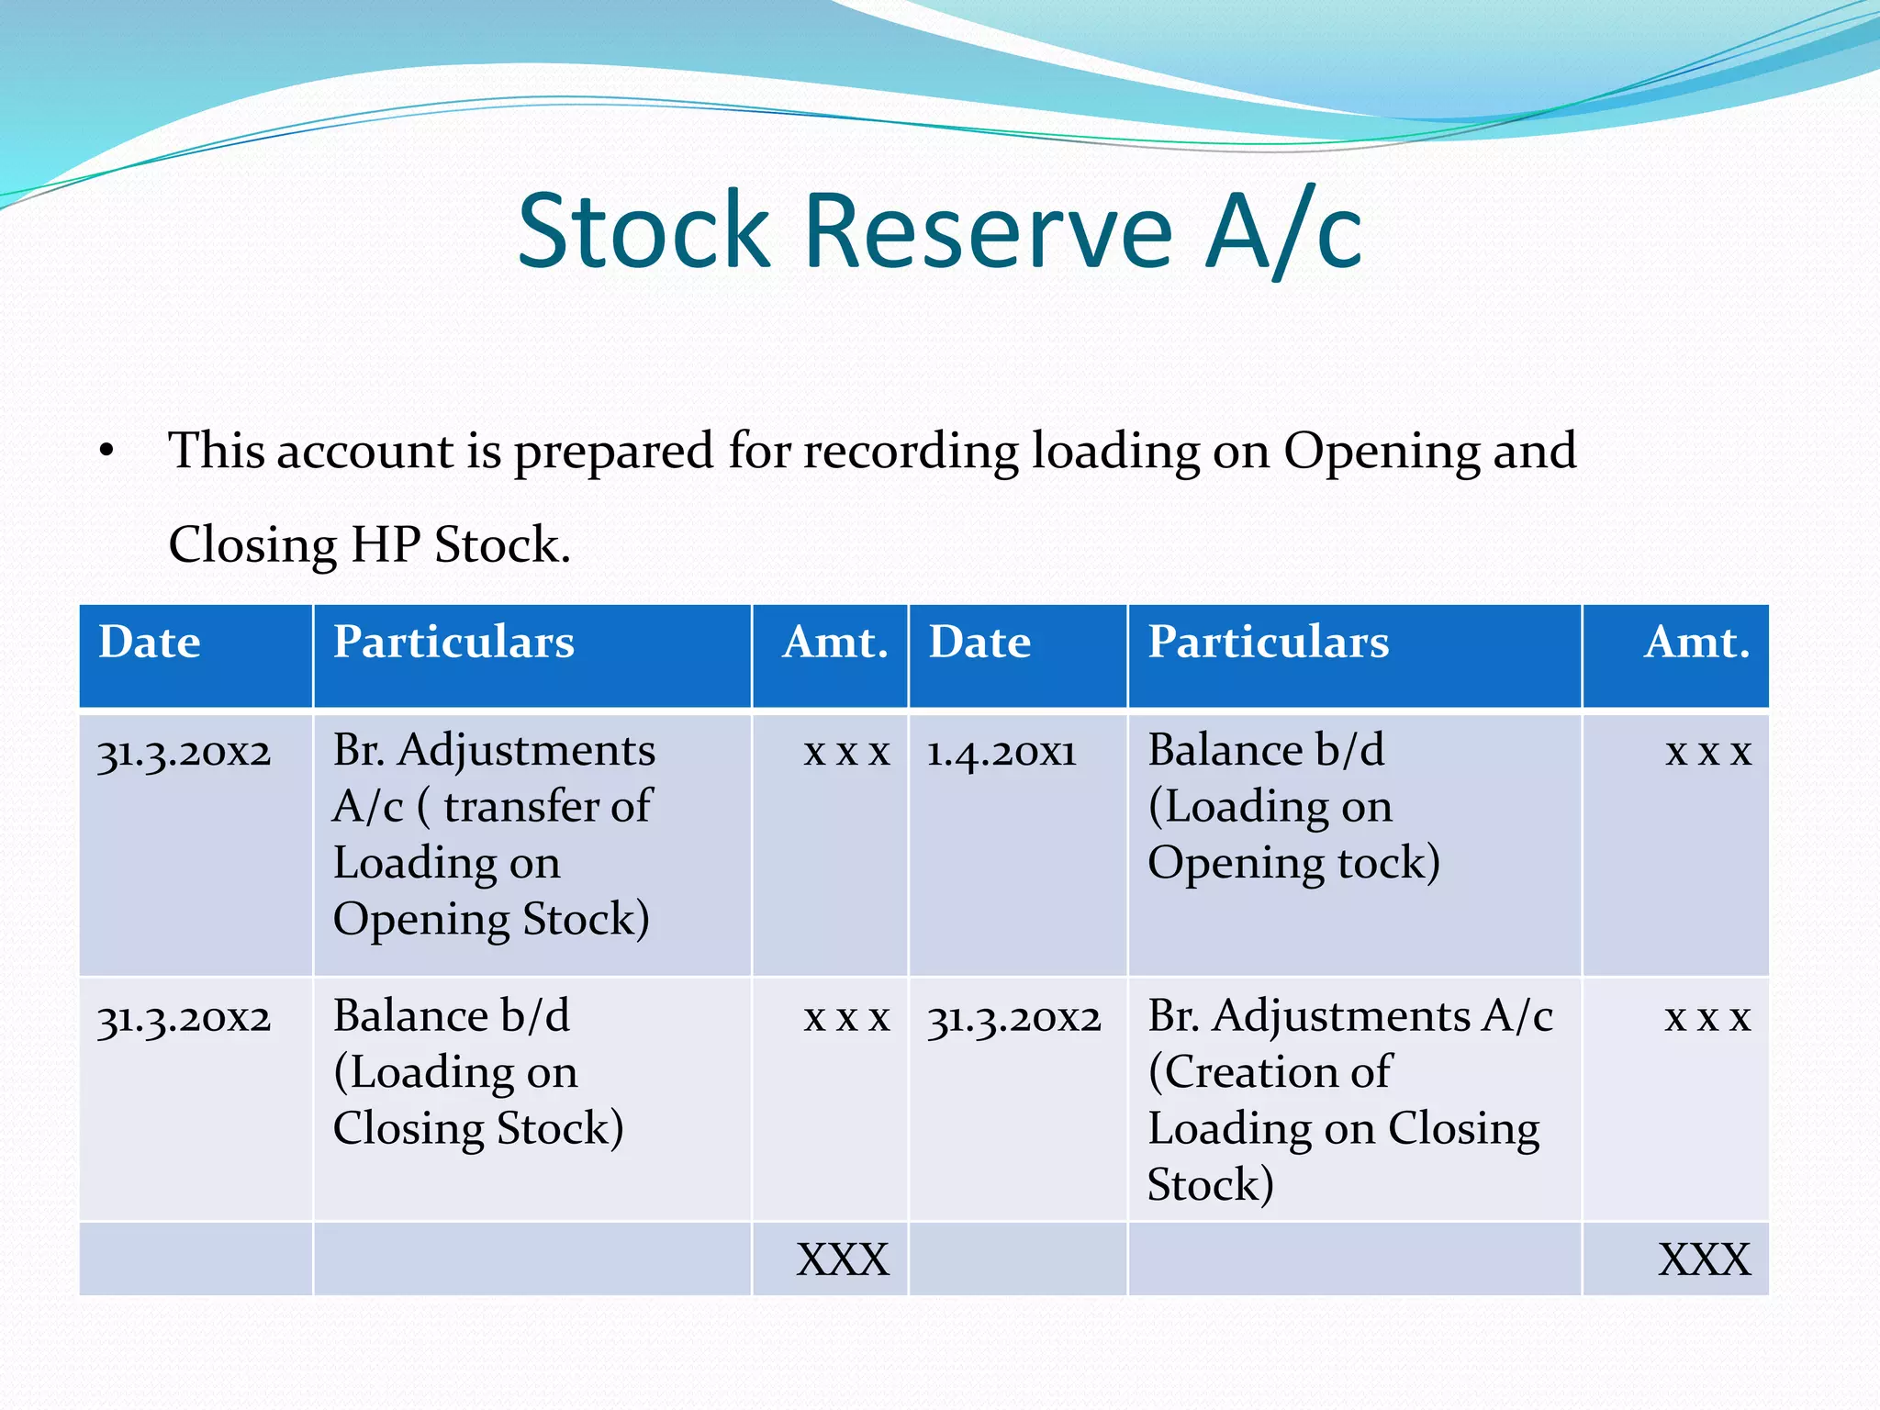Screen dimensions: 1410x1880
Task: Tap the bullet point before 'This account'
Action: (107, 451)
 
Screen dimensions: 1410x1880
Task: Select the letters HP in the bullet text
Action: (386, 544)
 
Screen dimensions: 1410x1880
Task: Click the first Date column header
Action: (150, 642)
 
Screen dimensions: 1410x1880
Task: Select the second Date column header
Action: (979, 642)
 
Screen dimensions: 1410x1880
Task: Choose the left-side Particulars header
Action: (453, 642)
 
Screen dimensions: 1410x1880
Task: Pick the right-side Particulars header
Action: (1269, 642)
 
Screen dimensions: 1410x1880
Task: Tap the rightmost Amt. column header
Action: (1696, 642)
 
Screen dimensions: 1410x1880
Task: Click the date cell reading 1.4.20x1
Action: (1001, 753)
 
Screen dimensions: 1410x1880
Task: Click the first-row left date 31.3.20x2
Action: (185, 753)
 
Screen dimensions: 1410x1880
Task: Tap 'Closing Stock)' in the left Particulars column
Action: (478, 1128)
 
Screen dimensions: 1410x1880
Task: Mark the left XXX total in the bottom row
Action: (843, 1259)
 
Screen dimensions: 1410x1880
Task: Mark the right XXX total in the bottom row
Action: (1705, 1259)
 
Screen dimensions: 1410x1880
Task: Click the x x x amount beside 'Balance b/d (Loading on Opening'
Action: (1708, 753)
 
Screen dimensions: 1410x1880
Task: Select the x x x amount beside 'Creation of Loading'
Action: (1708, 1018)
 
